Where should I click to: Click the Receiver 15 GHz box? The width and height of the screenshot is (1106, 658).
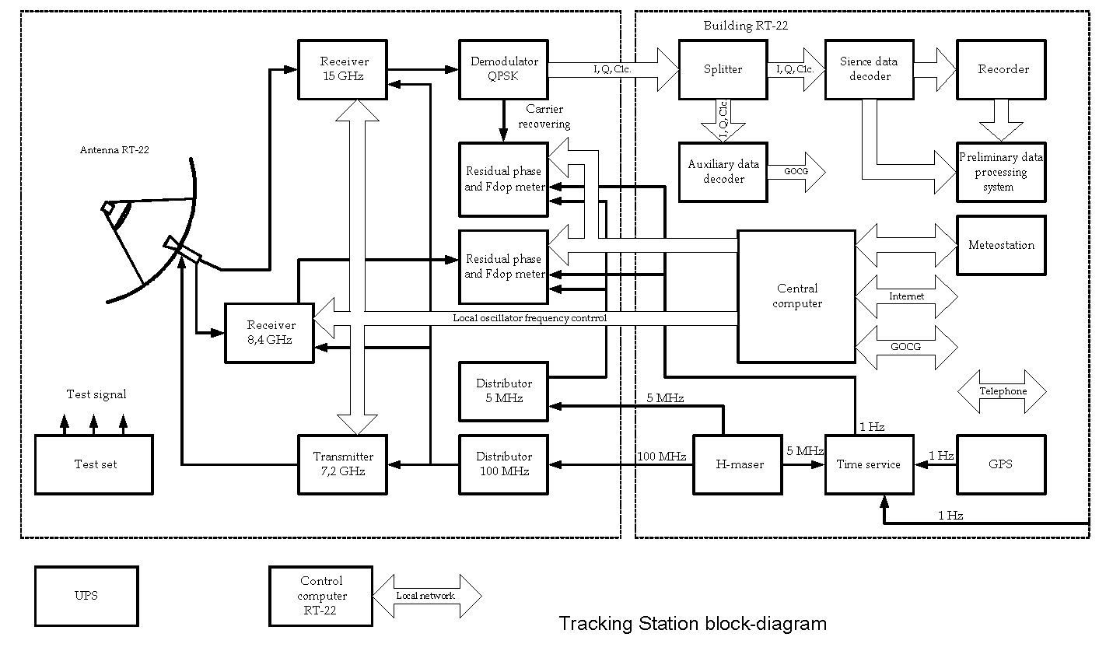point(343,69)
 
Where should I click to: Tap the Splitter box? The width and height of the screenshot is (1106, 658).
point(723,69)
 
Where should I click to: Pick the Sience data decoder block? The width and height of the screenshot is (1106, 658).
point(869,69)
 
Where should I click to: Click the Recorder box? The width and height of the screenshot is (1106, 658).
point(1003,69)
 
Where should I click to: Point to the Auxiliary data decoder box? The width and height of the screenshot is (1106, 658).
point(723,172)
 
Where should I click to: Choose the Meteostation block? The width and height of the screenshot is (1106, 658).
point(1001,246)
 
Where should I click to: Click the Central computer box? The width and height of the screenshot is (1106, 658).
point(796,296)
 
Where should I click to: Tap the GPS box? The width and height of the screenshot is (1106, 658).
point(1000,464)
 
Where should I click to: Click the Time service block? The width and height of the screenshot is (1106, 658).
point(869,464)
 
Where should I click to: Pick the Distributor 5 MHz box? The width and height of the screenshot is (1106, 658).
point(504,390)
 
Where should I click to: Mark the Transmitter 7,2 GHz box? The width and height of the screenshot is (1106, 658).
point(343,464)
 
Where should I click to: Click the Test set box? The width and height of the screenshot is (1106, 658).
point(94,464)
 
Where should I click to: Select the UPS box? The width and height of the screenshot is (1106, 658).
point(86,596)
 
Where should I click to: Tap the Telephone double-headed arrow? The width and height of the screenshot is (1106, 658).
point(1002,392)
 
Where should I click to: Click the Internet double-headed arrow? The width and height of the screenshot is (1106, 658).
point(906,296)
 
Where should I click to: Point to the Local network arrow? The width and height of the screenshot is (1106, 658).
point(427,597)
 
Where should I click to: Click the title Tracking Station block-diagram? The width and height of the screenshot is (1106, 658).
point(692,624)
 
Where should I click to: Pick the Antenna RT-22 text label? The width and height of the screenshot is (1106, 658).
point(114,150)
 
